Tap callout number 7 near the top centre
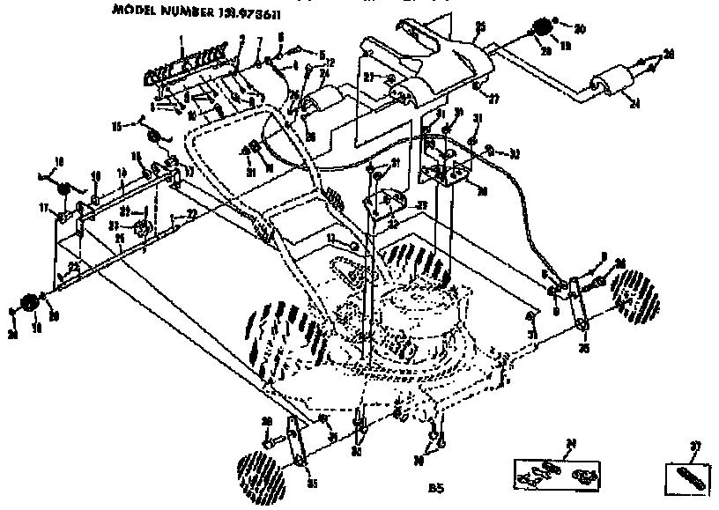click(x=260, y=42)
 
